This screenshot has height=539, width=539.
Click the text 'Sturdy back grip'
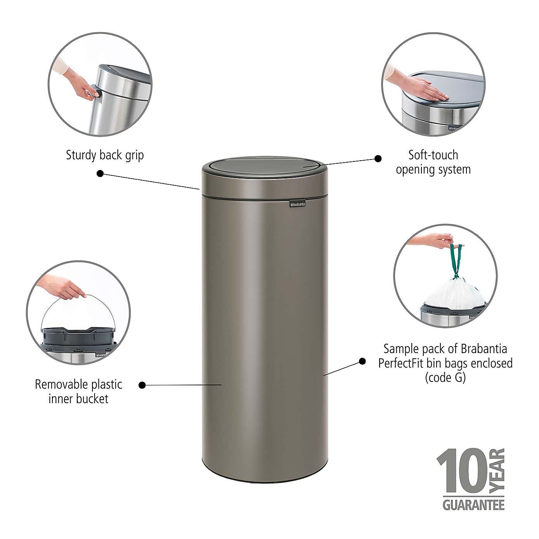105,155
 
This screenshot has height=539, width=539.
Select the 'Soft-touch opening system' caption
433,162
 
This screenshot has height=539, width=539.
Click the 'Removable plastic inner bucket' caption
78,392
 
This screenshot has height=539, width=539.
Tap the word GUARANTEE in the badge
473,505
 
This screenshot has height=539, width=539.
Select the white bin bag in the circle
454,291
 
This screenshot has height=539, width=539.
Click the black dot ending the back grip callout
100,173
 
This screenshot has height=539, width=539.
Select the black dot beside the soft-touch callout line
378,158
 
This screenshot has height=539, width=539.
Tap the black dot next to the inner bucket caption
142,385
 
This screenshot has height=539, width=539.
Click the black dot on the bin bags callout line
362,361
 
